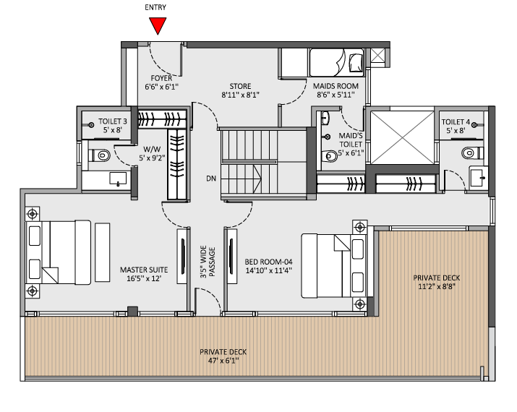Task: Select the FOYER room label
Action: click(x=161, y=77)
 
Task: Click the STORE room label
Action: click(x=240, y=85)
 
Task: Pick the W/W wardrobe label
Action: click(x=151, y=148)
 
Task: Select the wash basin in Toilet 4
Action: click(x=477, y=176)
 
